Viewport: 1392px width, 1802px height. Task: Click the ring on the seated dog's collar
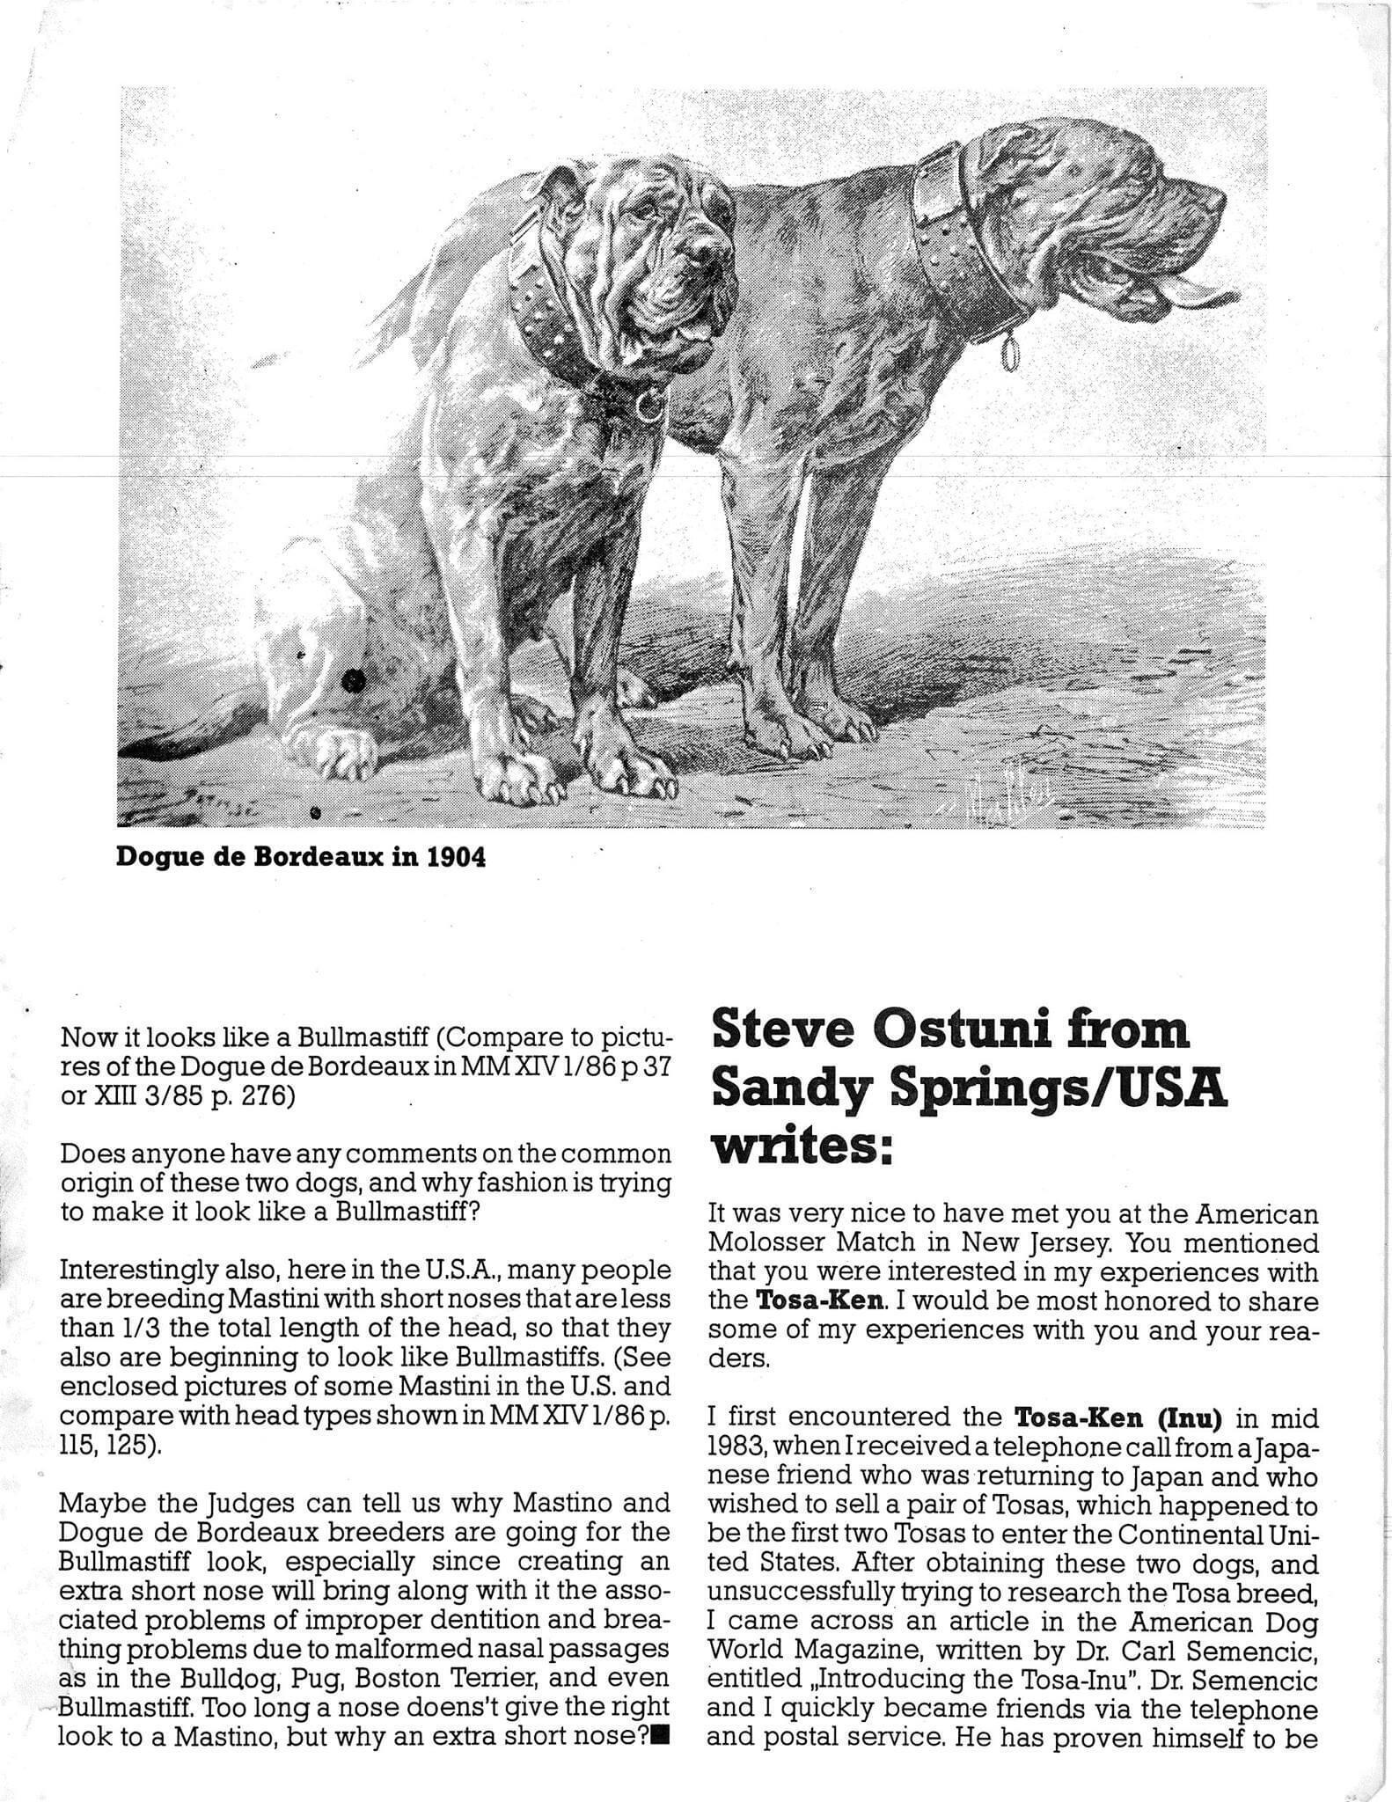[x=650, y=405]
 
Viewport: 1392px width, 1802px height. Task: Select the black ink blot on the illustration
[x=353, y=679]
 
